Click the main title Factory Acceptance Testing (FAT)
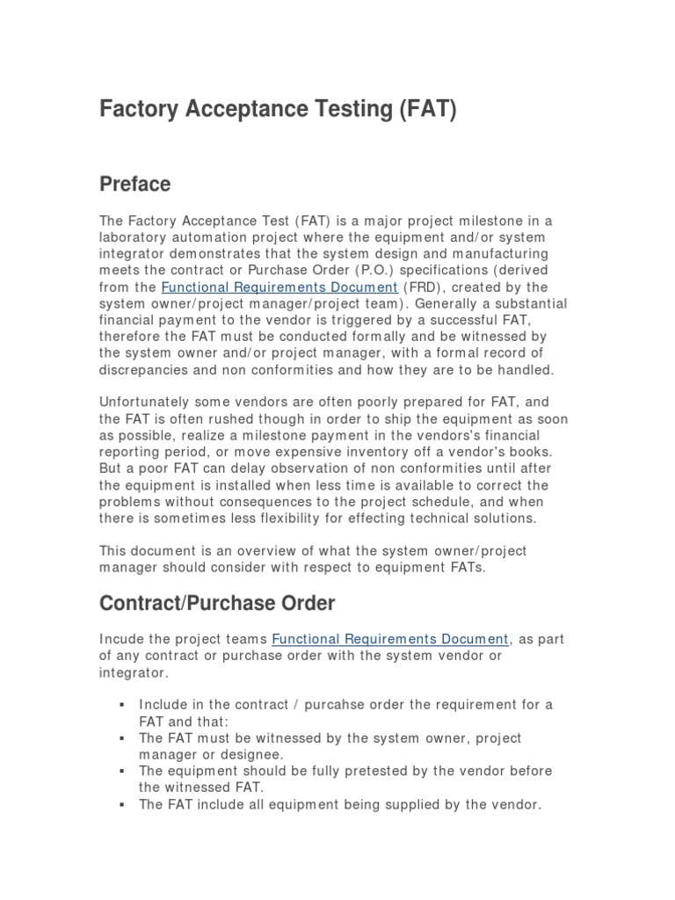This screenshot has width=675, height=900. click(x=278, y=112)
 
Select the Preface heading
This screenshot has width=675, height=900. click(x=135, y=184)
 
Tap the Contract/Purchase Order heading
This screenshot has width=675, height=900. click(x=217, y=603)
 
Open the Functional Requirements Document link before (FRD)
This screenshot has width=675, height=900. click(x=280, y=287)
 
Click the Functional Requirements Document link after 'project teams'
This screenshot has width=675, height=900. click(x=390, y=639)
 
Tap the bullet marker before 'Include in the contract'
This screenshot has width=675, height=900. click(x=120, y=705)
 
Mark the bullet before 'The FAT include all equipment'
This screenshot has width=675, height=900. click(x=120, y=804)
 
